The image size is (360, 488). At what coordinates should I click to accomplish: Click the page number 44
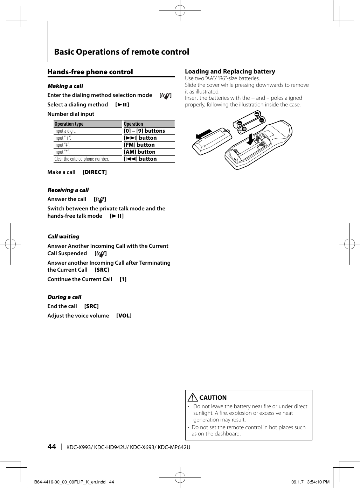pyautogui.click(x=51, y=446)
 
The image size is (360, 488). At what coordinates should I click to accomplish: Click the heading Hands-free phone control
pyautogui.click(x=90, y=72)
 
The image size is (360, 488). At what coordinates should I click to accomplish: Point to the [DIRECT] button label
pyautogui.click(x=95, y=172)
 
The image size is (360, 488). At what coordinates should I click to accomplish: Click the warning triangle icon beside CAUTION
pyautogui.click(x=192, y=397)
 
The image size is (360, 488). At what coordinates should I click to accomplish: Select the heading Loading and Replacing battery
pyautogui.click(x=230, y=71)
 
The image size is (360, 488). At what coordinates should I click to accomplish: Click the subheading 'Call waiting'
pyautogui.click(x=63, y=237)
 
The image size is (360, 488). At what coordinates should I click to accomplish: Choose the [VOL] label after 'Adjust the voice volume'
pyautogui.click(x=124, y=315)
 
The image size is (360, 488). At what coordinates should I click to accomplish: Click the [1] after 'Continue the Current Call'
pyautogui.click(x=123, y=279)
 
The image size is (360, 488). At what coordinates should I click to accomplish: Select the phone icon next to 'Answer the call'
pyautogui.click(x=100, y=200)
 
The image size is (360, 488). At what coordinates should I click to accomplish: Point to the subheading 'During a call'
pyautogui.click(x=64, y=297)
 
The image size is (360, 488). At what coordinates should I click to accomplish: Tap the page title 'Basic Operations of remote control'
pyautogui.click(x=122, y=52)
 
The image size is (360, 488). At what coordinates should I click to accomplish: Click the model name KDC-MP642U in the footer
pyautogui.click(x=174, y=447)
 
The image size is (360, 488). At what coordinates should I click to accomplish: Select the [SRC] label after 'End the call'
pyautogui.click(x=91, y=306)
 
